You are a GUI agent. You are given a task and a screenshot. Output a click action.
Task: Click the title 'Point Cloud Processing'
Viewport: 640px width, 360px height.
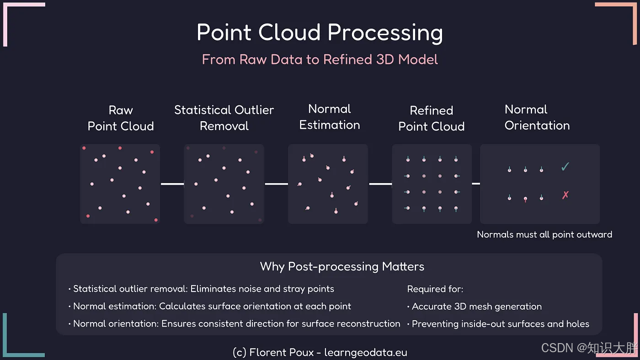click(x=320, y=33)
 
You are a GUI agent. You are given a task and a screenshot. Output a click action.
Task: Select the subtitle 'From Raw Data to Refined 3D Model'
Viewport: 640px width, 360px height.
click(x=320, y=59)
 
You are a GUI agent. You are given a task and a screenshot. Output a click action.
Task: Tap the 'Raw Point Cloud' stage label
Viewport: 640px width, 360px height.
click(x=121, y=118)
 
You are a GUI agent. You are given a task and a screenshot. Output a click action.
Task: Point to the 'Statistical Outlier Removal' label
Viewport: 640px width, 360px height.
click(x=224, y=118)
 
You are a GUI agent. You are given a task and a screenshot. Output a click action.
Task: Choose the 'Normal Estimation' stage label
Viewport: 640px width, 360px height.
click(x=329, y=117)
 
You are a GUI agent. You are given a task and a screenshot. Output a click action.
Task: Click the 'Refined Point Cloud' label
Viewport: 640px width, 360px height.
click(x=431, y=118)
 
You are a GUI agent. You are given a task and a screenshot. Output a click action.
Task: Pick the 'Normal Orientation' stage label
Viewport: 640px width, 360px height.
click(x=537, y=117)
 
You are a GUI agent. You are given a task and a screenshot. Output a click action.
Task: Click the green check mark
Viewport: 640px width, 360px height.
click(x=565, y=167)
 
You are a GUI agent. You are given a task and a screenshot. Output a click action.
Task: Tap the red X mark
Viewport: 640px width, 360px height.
click(x=565, y=196)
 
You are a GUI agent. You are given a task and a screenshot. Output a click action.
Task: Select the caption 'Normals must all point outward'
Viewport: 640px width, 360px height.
click(x=544, y=235)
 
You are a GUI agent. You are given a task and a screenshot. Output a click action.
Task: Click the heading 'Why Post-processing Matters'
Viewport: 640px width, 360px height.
click(x=342, y=266)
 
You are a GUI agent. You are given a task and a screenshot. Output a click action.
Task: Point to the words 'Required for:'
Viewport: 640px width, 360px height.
click(x=435, y=289)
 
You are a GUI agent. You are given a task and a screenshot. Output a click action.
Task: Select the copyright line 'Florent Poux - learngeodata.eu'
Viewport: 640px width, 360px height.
click(x=320, y=352)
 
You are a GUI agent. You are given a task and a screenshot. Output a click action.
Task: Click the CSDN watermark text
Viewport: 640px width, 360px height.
click(x=589, y=348)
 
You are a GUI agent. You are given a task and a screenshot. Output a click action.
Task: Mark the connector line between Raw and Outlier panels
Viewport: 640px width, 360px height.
click(x=172, y=184)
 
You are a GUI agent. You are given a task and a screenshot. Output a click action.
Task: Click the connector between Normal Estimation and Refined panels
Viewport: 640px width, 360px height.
click(x=380, y=184)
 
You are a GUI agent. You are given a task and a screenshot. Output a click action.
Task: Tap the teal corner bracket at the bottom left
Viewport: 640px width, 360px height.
click(x=18, y=347)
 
